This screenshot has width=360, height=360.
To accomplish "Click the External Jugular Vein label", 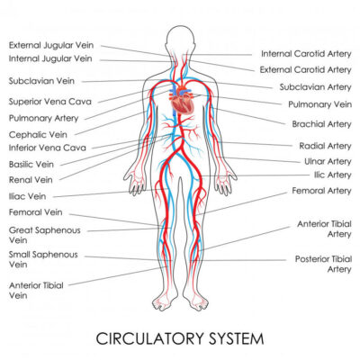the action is pos(51,45).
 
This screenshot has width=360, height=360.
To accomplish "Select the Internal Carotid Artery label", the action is pos(306,54).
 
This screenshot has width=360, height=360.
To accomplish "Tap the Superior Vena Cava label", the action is pos(50,102).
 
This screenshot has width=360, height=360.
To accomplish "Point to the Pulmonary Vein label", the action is pos(319,104).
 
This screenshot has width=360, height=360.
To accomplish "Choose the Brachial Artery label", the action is pos(321,124).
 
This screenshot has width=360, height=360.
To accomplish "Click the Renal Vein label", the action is pos(31,180).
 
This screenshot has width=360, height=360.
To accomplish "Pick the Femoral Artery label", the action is pos(321,191).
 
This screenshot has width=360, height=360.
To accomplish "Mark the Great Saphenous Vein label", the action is pos(45,235).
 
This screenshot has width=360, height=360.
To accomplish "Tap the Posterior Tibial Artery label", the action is pos(323,264).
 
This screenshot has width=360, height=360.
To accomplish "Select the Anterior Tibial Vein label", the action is pos(36,290).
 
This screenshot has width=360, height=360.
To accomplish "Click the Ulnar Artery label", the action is pos(328,161).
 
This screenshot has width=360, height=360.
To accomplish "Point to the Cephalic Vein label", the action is pos(38,135).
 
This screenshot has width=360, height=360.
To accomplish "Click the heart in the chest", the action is pos(182,100).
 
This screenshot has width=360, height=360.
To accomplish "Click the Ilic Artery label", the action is pos(332,175).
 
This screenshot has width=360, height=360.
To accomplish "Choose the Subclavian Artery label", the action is pos(315,87).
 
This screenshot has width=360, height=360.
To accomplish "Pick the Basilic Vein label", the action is pos(31,165).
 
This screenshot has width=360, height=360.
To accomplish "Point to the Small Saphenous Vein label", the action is pos(43,259).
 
